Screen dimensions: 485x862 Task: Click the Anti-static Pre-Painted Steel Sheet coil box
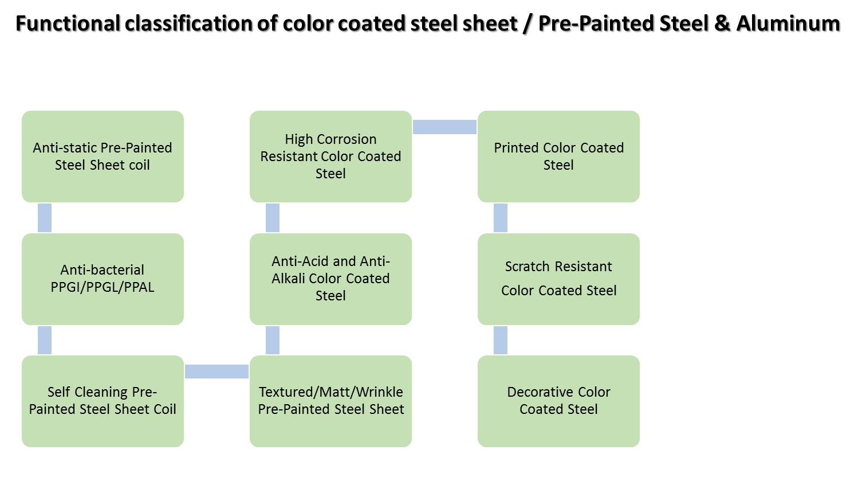[x=103, y=156]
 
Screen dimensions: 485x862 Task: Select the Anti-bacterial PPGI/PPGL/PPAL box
[x=103, y=279]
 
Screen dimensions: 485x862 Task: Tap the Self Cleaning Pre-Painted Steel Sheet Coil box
[x=103, y=401]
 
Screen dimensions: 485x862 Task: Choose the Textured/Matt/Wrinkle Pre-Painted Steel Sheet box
[x=330, y=401]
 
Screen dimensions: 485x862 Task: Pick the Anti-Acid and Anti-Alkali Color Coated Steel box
[x=330, y=279]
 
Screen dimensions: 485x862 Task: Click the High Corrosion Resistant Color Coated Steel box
[x=330, y=156]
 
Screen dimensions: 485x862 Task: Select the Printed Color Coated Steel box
[x=558, y=156]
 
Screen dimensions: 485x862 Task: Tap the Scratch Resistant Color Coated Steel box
[x=558, y=279]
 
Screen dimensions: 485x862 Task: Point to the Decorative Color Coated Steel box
[x=558, y=401]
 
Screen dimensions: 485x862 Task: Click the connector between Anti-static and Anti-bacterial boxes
[x=45, y=218]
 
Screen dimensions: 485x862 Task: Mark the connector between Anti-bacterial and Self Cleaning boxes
[x=45, y=340]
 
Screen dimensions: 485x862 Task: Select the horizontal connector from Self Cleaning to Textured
[x=217, y=371]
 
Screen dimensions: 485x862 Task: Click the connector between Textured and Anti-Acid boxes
[x=273, y=340]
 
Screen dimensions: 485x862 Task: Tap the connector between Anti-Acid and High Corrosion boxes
[x=273, y=218]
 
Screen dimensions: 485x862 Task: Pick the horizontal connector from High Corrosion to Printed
[x=444, y=127]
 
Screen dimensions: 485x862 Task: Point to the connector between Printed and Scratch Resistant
[x=501, y=218]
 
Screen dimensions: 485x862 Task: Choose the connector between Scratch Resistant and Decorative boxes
[x=501, y=340]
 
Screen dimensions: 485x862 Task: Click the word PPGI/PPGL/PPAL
[x=103, y=287]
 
